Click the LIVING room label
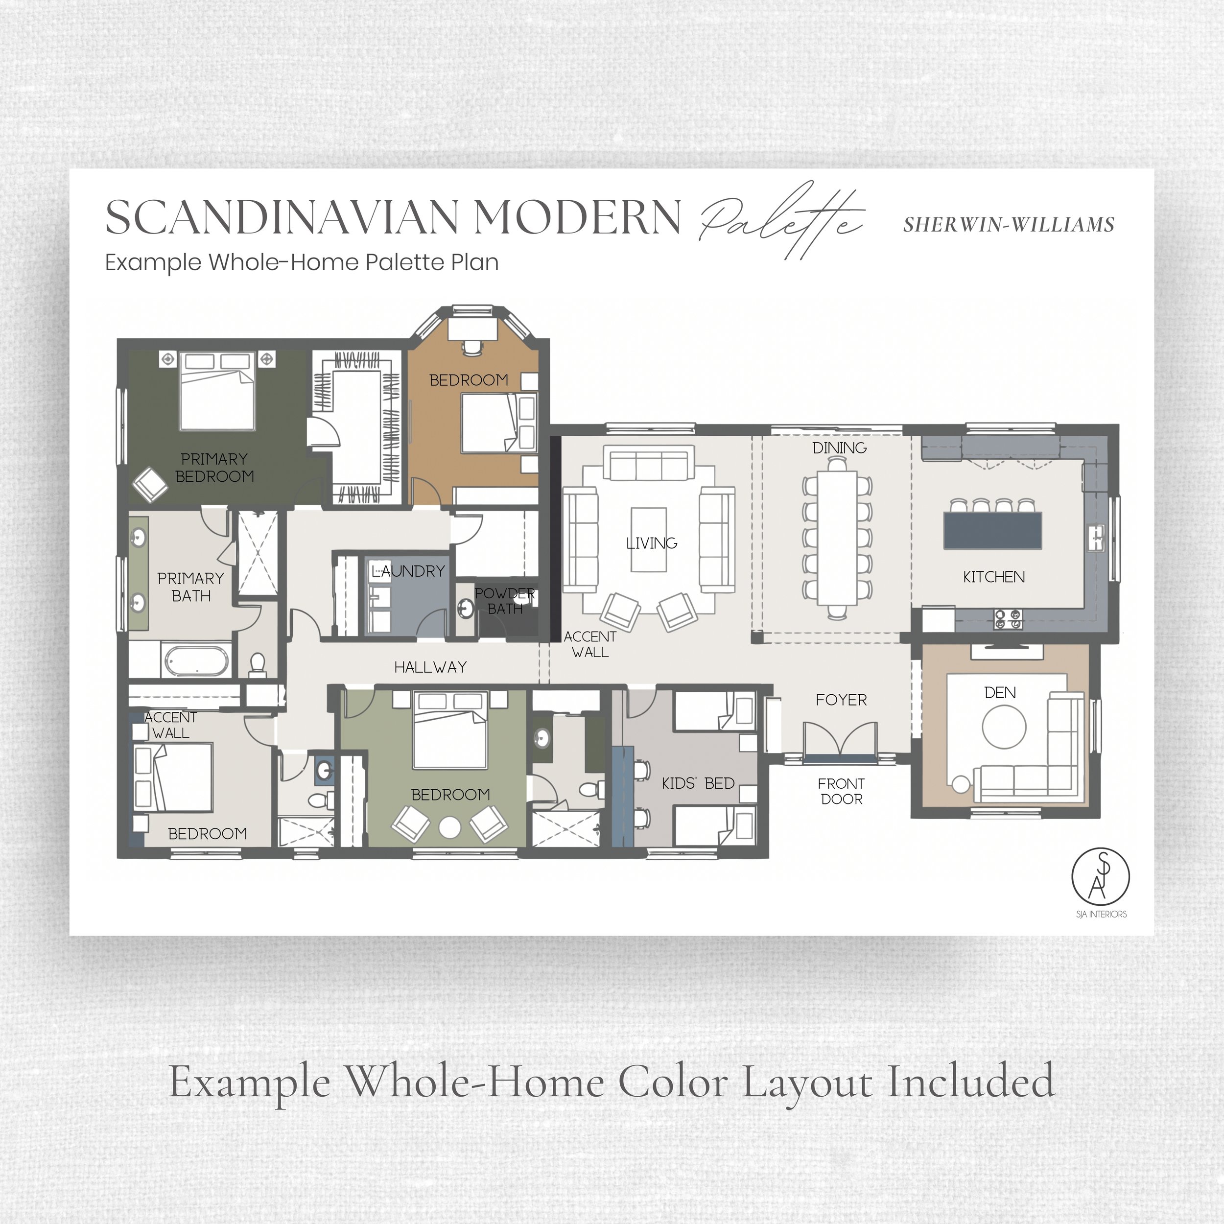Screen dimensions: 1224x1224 coord(651,543)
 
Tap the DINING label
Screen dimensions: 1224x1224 coord(840,448)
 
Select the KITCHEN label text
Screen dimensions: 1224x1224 coord(993,577)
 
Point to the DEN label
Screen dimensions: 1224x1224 coord(1000,692)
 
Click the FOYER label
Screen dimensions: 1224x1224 coord(841,700)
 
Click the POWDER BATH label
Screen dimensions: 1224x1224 coord(505,601)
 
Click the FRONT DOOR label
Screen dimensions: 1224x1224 coord(841,791)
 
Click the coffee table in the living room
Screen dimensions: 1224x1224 coord(649,540)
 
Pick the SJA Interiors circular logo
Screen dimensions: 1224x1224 coord(1101,877)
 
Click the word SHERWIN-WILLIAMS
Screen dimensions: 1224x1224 coord(1009,225)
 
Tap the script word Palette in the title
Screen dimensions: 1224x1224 coord(780,220)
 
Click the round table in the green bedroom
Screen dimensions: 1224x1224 coord(450,828)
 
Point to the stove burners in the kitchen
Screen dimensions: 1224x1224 coord(1008,619)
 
